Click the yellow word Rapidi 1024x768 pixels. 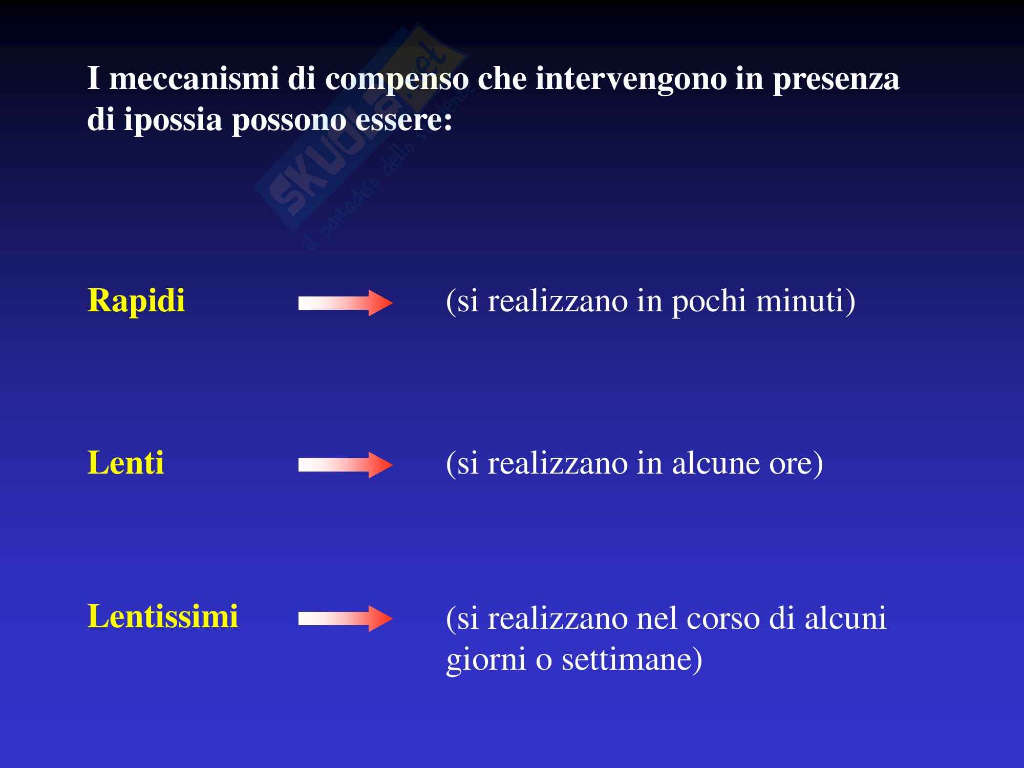(136, 301)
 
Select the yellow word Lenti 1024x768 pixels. (126, 463)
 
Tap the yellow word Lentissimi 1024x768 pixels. (163, 616)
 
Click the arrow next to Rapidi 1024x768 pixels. (346, 303)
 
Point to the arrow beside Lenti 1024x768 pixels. (346, 465)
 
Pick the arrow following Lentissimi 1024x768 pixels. (346, 618)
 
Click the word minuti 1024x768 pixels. (805, 301)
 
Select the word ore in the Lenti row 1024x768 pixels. (796, 464)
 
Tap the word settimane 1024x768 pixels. (632, 659)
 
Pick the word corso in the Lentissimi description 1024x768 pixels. (723, 618)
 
